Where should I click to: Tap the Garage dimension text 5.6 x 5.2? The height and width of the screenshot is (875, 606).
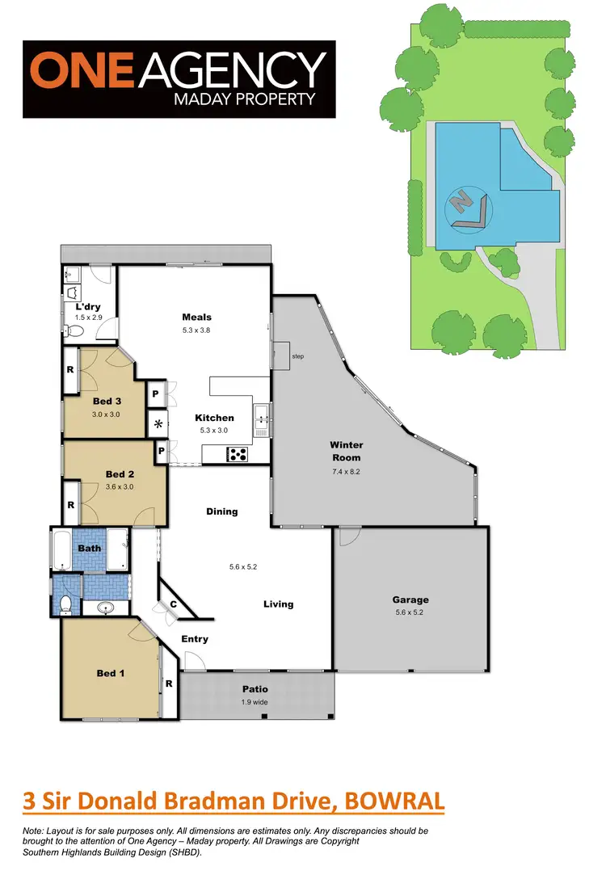click(x=410, y=612)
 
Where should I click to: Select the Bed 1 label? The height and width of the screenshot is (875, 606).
click(x=111, y=672)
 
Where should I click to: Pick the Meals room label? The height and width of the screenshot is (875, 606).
click(x=196, y=318)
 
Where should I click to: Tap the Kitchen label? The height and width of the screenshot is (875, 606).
click(x=214, y=418)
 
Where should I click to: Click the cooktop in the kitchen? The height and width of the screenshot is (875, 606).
click(x=239, y=454)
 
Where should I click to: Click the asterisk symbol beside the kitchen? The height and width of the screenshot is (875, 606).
click(x=158, y=424)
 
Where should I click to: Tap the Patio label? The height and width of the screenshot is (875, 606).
click(x=255, y=689)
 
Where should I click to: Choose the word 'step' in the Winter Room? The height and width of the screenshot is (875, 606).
click(x=298, y=355)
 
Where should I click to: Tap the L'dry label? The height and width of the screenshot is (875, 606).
click(x=86, y=308)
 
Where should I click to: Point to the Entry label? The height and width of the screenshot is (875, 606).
click(x=195, y=638)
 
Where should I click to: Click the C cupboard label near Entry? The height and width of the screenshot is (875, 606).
click(x=172, y=604)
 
